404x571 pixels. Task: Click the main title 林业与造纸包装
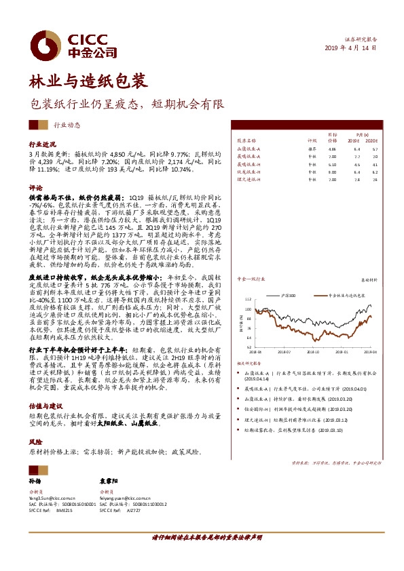[x=87, y=82]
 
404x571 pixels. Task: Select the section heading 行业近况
[x=41, y=145]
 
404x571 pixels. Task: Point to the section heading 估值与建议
[x=44, y=404]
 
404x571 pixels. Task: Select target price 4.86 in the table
[x=331, y=148]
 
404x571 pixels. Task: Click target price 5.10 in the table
[x=331, y=164]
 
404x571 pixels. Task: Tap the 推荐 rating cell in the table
[x=312, y=148]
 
